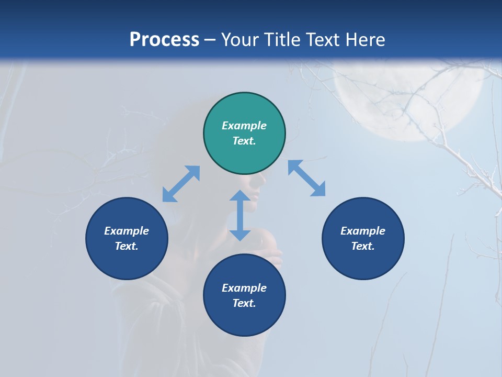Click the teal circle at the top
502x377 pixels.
click(x=244, y=134)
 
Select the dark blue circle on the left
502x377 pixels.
click(x=127, y=238)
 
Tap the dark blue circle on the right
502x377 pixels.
click(x=363, y=238)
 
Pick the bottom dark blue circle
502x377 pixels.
click(x=244, y=295)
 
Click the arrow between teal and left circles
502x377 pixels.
click(x=181, y=184)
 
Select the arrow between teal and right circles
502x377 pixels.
click(x=307, y=178)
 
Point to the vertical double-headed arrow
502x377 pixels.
click(x=240, y=215)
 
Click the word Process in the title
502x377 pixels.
click(x=164, y=39)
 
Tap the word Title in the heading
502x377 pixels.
click(x=282, y=39)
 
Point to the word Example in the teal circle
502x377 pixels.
click(x=244, y=126)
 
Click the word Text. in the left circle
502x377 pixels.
click(x=127, y=246)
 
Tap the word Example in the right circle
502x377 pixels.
click(x=363, y=231)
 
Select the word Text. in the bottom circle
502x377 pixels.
click(x=244, y=303)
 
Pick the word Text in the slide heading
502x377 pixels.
click(x=323, y=39)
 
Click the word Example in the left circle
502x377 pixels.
click(x=127, y=231)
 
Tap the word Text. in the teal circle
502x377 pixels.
click(x=244, y=141)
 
